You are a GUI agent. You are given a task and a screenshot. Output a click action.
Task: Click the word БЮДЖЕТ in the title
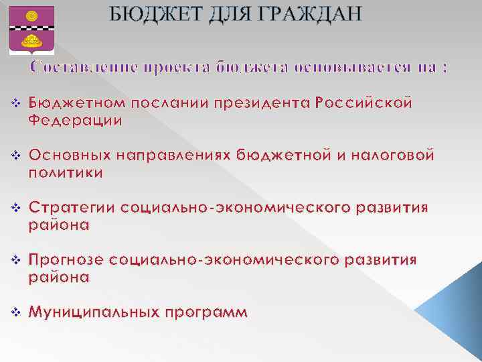click(155, 14)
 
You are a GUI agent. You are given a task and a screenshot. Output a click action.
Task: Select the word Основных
click(72, 156)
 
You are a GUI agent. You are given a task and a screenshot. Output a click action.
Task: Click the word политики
click(66, 173)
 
